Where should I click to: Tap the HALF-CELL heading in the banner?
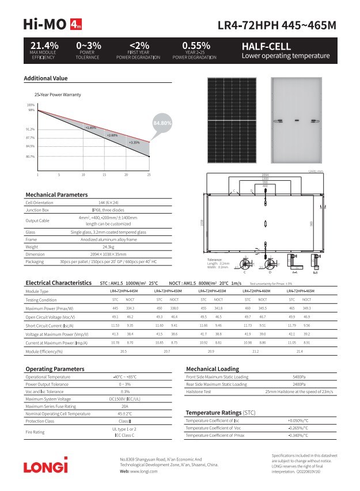[x=266, y=46]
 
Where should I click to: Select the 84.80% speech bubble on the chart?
[x=162, y=123]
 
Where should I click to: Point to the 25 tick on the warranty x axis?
[x=149, y=174]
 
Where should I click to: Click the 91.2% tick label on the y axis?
[x=31, y=129]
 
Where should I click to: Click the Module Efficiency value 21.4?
[x=300, y=351]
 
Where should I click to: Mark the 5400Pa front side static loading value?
[x=299, y=377]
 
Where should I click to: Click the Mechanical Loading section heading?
[x=212, y=368]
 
